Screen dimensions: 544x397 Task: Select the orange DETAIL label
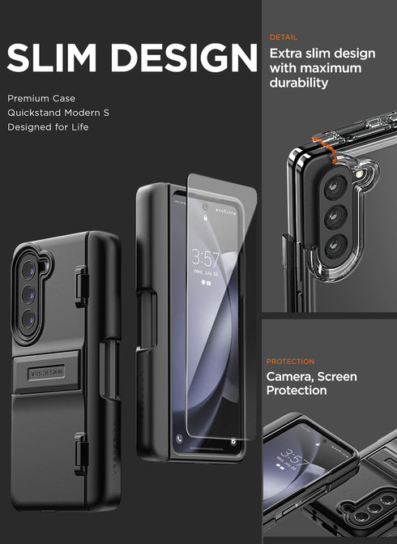(283, 37)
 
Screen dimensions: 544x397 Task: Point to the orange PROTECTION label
(290, 362)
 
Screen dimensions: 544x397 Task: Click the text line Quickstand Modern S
(58, 112)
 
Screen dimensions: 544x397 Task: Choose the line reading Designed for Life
(49, 126)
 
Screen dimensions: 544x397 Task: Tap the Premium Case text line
(41, 97)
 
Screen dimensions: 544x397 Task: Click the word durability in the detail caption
(298, 83)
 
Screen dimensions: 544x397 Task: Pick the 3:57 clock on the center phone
(205, 258)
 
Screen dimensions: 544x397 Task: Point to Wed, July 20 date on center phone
(204, 274)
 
